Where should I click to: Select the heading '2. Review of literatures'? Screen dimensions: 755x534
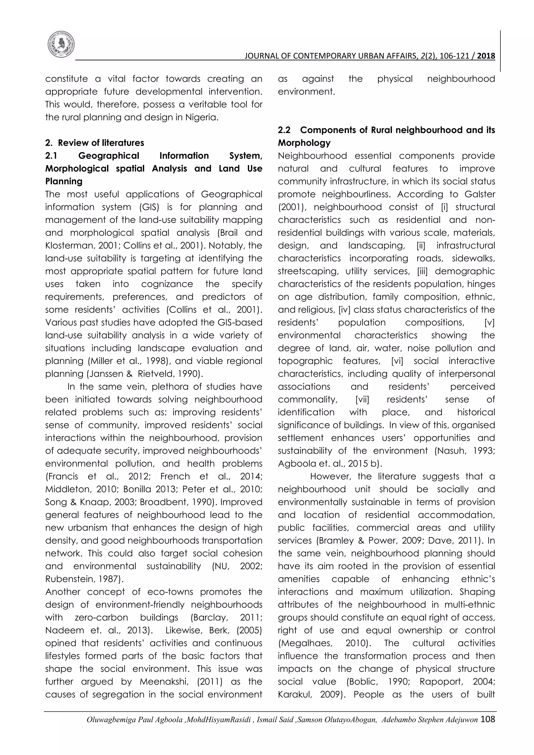click(95, 143)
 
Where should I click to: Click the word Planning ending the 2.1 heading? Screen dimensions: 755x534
click(64, 181)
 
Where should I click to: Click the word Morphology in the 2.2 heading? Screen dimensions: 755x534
click(304, 143)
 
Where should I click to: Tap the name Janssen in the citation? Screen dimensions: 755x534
click(105, 374)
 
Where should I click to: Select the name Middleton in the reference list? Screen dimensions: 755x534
click(68, 489)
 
